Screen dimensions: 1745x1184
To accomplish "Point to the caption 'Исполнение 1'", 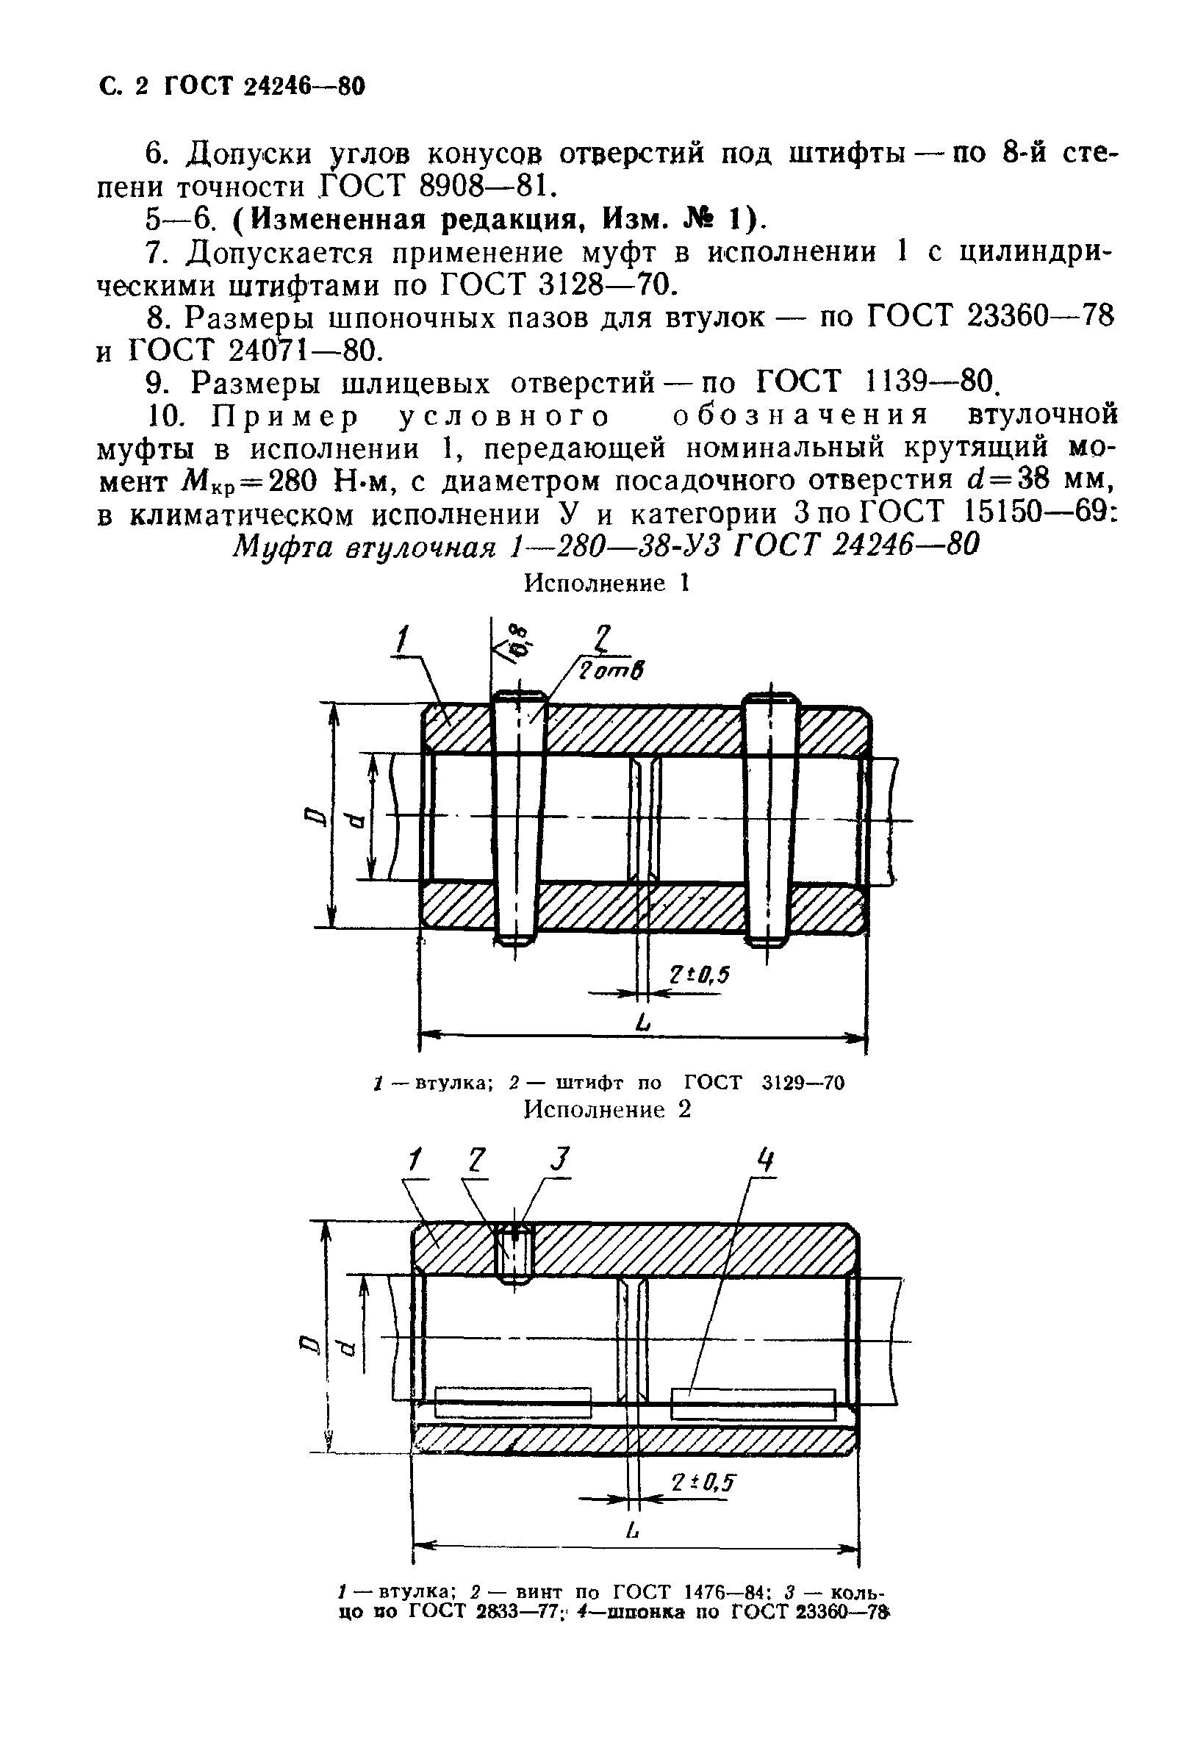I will (606, 584).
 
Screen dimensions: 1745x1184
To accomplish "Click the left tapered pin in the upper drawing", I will (517, 818).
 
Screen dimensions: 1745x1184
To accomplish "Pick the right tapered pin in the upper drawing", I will (769, 818).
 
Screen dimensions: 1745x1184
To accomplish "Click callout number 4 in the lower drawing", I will (764, 1162).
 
